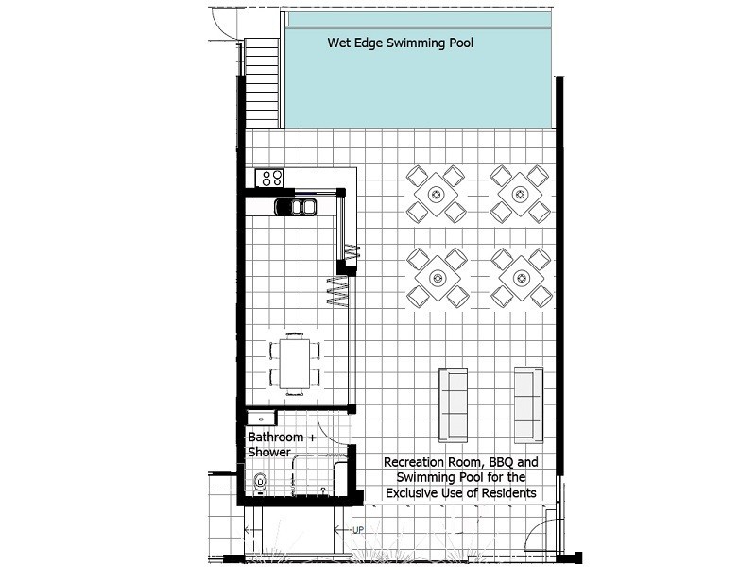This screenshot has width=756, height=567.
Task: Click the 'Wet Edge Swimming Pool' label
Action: point(400,43)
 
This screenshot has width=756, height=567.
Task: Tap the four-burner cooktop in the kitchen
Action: point(269,178)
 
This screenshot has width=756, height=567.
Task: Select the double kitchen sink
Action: point(296,206)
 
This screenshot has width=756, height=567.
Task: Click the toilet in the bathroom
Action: point(261,483)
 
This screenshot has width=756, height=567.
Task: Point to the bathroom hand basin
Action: point(261,418)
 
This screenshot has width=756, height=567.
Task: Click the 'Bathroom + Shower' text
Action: point(282,444)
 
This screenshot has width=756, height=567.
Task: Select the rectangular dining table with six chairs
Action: point(295,364)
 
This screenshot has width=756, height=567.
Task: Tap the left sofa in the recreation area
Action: point(453,405)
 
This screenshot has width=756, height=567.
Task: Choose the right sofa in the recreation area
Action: point(528,405)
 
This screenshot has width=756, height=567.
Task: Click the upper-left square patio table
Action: point(437,195)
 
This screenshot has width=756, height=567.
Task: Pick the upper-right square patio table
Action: point(521,195)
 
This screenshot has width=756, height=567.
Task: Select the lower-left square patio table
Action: point(438,278)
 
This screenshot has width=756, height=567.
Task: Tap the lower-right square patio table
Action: point(522,278)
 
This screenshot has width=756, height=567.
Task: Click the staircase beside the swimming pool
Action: point(262,83)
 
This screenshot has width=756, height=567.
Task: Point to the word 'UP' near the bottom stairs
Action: point(358,530)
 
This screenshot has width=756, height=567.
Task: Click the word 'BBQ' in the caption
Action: point(502,462)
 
